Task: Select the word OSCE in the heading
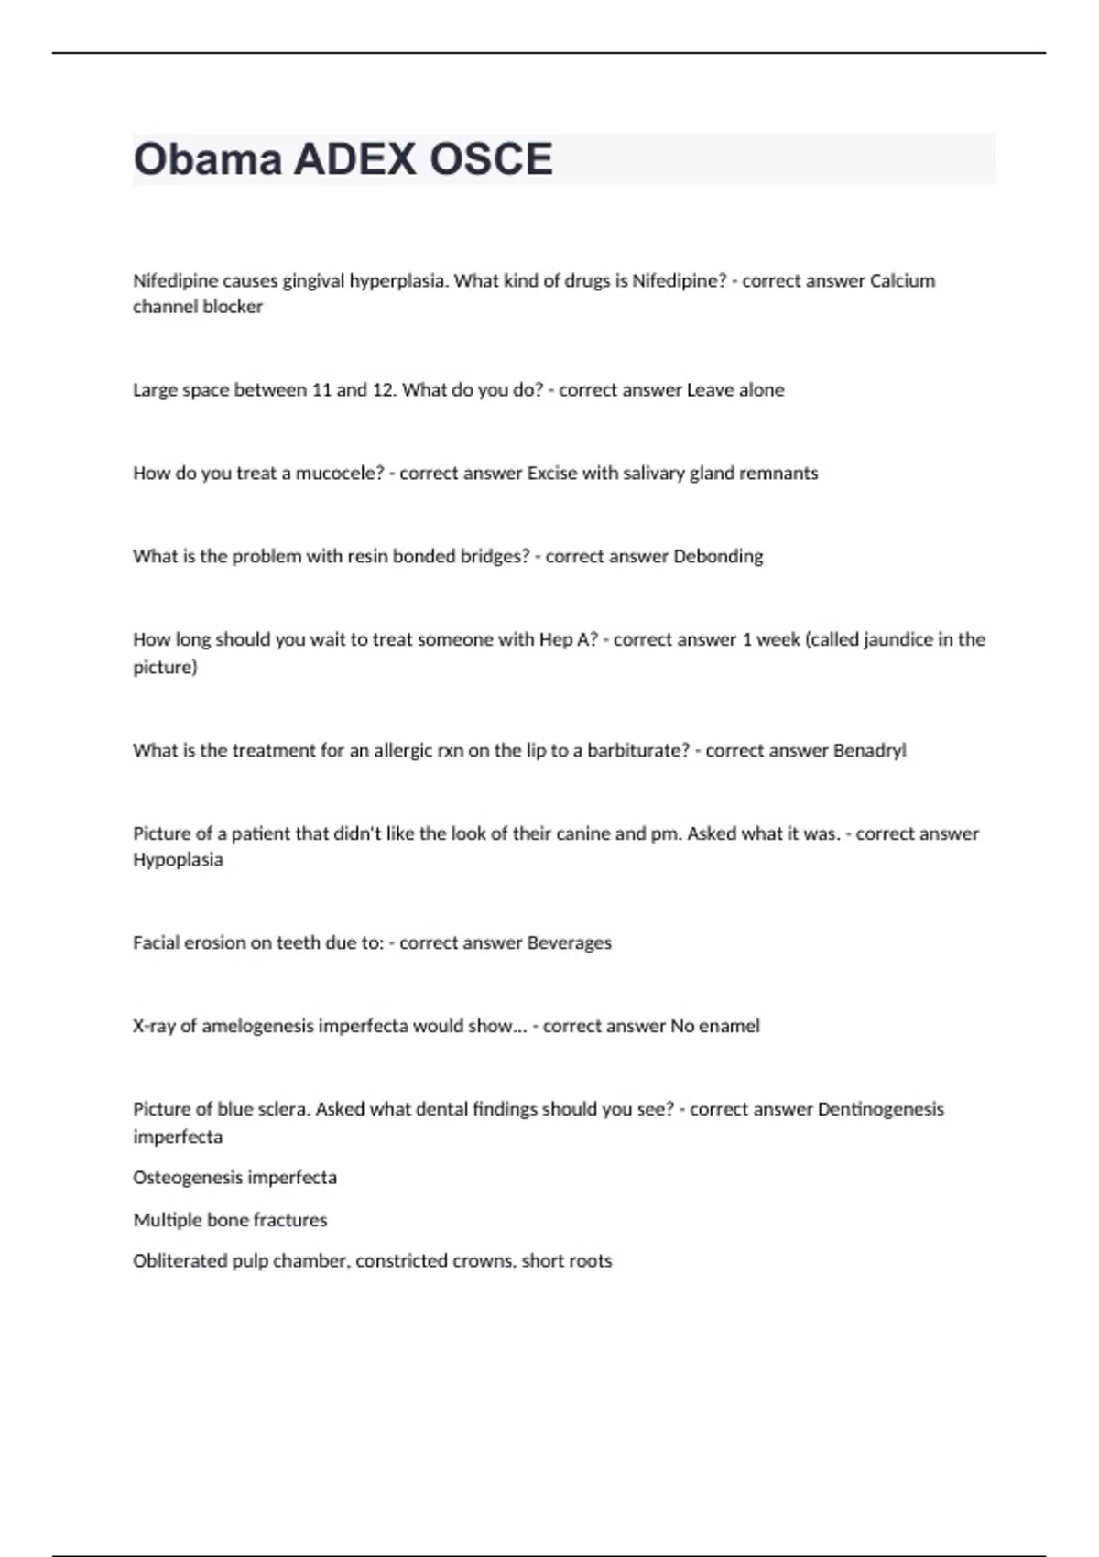[x=491, y=159]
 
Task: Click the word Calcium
[x=902, y=280]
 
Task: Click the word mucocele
[x=339, y=473]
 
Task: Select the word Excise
[x=551, y=473]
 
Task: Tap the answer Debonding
[x=718, y=556]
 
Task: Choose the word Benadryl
[x=869, y=750]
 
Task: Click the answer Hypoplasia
[x=178, y=859]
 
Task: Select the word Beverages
[x=569, y=942]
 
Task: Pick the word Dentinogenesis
[x=880, y=1109]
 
